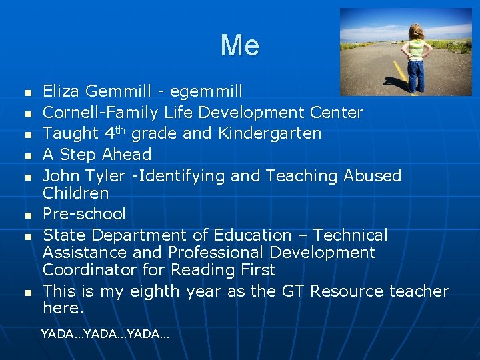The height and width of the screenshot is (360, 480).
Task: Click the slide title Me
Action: tap(240, 45)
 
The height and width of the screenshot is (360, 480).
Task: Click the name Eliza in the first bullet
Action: tap(61, 91)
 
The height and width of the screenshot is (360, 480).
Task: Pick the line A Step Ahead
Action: tap(97, 155)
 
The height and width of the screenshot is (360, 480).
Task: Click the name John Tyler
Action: tap(84, 176)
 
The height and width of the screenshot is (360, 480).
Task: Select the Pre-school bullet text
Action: tap(84, 214)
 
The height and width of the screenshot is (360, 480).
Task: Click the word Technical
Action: tap(350, 235)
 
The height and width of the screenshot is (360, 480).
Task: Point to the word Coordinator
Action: tap(89, 270)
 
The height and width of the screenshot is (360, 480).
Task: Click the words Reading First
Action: tap(223, 270)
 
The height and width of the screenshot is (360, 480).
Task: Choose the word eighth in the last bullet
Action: tap(155, 291)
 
